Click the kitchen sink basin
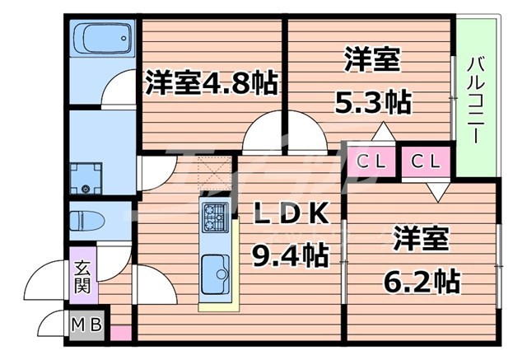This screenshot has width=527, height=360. coord(216,270)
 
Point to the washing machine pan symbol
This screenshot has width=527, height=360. coord(85,176)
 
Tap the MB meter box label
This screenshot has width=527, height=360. coord(85,325)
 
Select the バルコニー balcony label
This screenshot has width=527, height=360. coord(477,99)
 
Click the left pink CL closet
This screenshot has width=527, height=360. coord(370,161)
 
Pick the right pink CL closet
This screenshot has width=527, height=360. coord(426,161)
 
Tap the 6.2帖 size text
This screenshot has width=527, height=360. coord(421,281)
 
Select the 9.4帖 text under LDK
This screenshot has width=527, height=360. coord(291,255)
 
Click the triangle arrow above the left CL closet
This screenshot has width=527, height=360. coord(382,131)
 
